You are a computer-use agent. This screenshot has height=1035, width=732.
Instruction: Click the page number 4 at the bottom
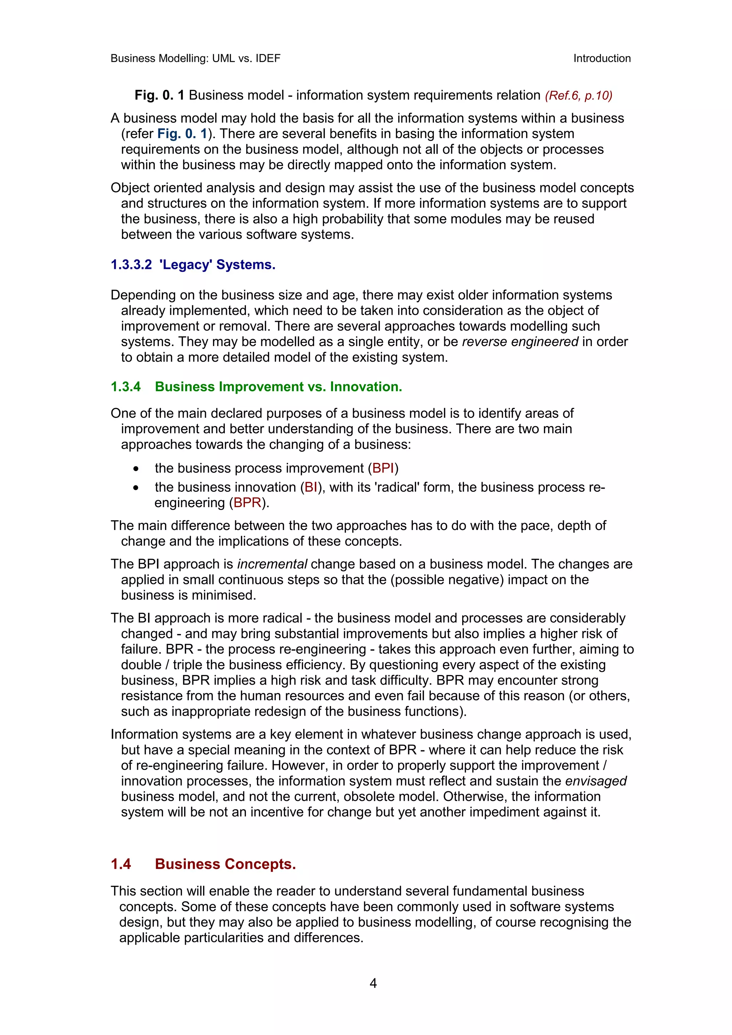pyautogui.click(x=373, y=983)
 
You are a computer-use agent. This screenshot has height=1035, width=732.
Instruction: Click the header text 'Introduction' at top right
pyautogui.click(x=602, y=58)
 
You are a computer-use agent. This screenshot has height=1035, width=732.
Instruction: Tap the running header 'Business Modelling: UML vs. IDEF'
pyautogui.click(x=195, y=58)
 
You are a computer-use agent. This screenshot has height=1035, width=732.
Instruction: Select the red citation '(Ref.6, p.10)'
pyautogui.click(x=578, y=96)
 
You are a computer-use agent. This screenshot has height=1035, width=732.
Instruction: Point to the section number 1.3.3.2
pyautogui.click(x=131, y=265)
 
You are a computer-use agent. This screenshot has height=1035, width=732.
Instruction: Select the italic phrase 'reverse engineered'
pyautogui.click(x=520, y=342)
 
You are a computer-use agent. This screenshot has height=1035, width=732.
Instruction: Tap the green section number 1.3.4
pyautogui.click(x=126, y=387)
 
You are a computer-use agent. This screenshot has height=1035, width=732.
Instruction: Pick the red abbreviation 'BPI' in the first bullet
pyautogui.click(x=383, y=468)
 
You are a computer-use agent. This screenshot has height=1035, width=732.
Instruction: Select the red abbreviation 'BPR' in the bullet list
pyautogui.click(x=247, y=502)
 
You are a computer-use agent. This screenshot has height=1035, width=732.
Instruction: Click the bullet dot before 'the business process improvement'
pyautogui.click(x=136, y=469)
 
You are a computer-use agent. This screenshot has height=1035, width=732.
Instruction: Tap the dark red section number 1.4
pyautogui.click(x=121, y=864)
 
